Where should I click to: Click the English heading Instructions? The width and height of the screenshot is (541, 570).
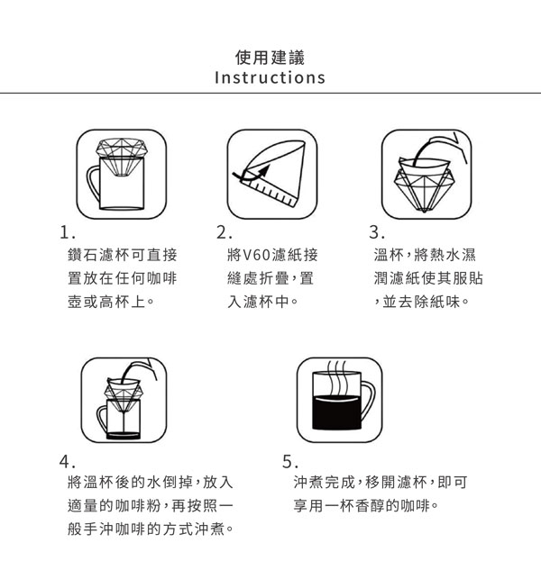tap(270, 77)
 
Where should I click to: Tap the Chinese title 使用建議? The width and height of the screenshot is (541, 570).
tap(270, 58)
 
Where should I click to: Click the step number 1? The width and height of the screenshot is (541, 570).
tap(68, 232)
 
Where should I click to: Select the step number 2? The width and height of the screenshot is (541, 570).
tap(224, 232)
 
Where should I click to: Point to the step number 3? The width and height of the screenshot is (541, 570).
tap(376, 232)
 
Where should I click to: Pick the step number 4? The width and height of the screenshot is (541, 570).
tap(68, 462)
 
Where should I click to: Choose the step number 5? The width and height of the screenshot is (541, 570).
tap(290, 462)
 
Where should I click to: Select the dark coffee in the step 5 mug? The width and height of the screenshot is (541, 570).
tap(336, 412)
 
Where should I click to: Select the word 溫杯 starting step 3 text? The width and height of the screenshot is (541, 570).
tap(389, 255)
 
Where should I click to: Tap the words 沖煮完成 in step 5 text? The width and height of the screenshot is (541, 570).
tap(324, 483)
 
